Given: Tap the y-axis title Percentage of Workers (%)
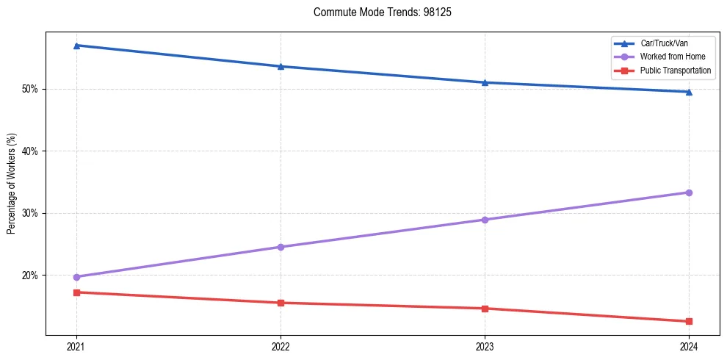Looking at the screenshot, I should (12, 184).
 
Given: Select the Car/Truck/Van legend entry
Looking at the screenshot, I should (664, 43).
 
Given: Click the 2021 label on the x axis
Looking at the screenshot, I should (76, 345).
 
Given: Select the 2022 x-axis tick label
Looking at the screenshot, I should (281, 345).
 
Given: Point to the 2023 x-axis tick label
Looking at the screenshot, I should (485, 345).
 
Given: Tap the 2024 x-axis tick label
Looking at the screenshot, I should (689, 345).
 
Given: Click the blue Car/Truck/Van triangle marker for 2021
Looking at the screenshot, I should (76, 46).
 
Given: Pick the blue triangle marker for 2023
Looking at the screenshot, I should (485, 82).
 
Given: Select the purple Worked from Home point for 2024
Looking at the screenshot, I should (689, 192).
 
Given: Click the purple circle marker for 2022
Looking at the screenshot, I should (281, 247).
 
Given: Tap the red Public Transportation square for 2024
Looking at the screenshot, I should (689, 321).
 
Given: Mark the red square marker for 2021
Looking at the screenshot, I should (76, 292).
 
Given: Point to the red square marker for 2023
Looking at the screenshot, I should (485, 309).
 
